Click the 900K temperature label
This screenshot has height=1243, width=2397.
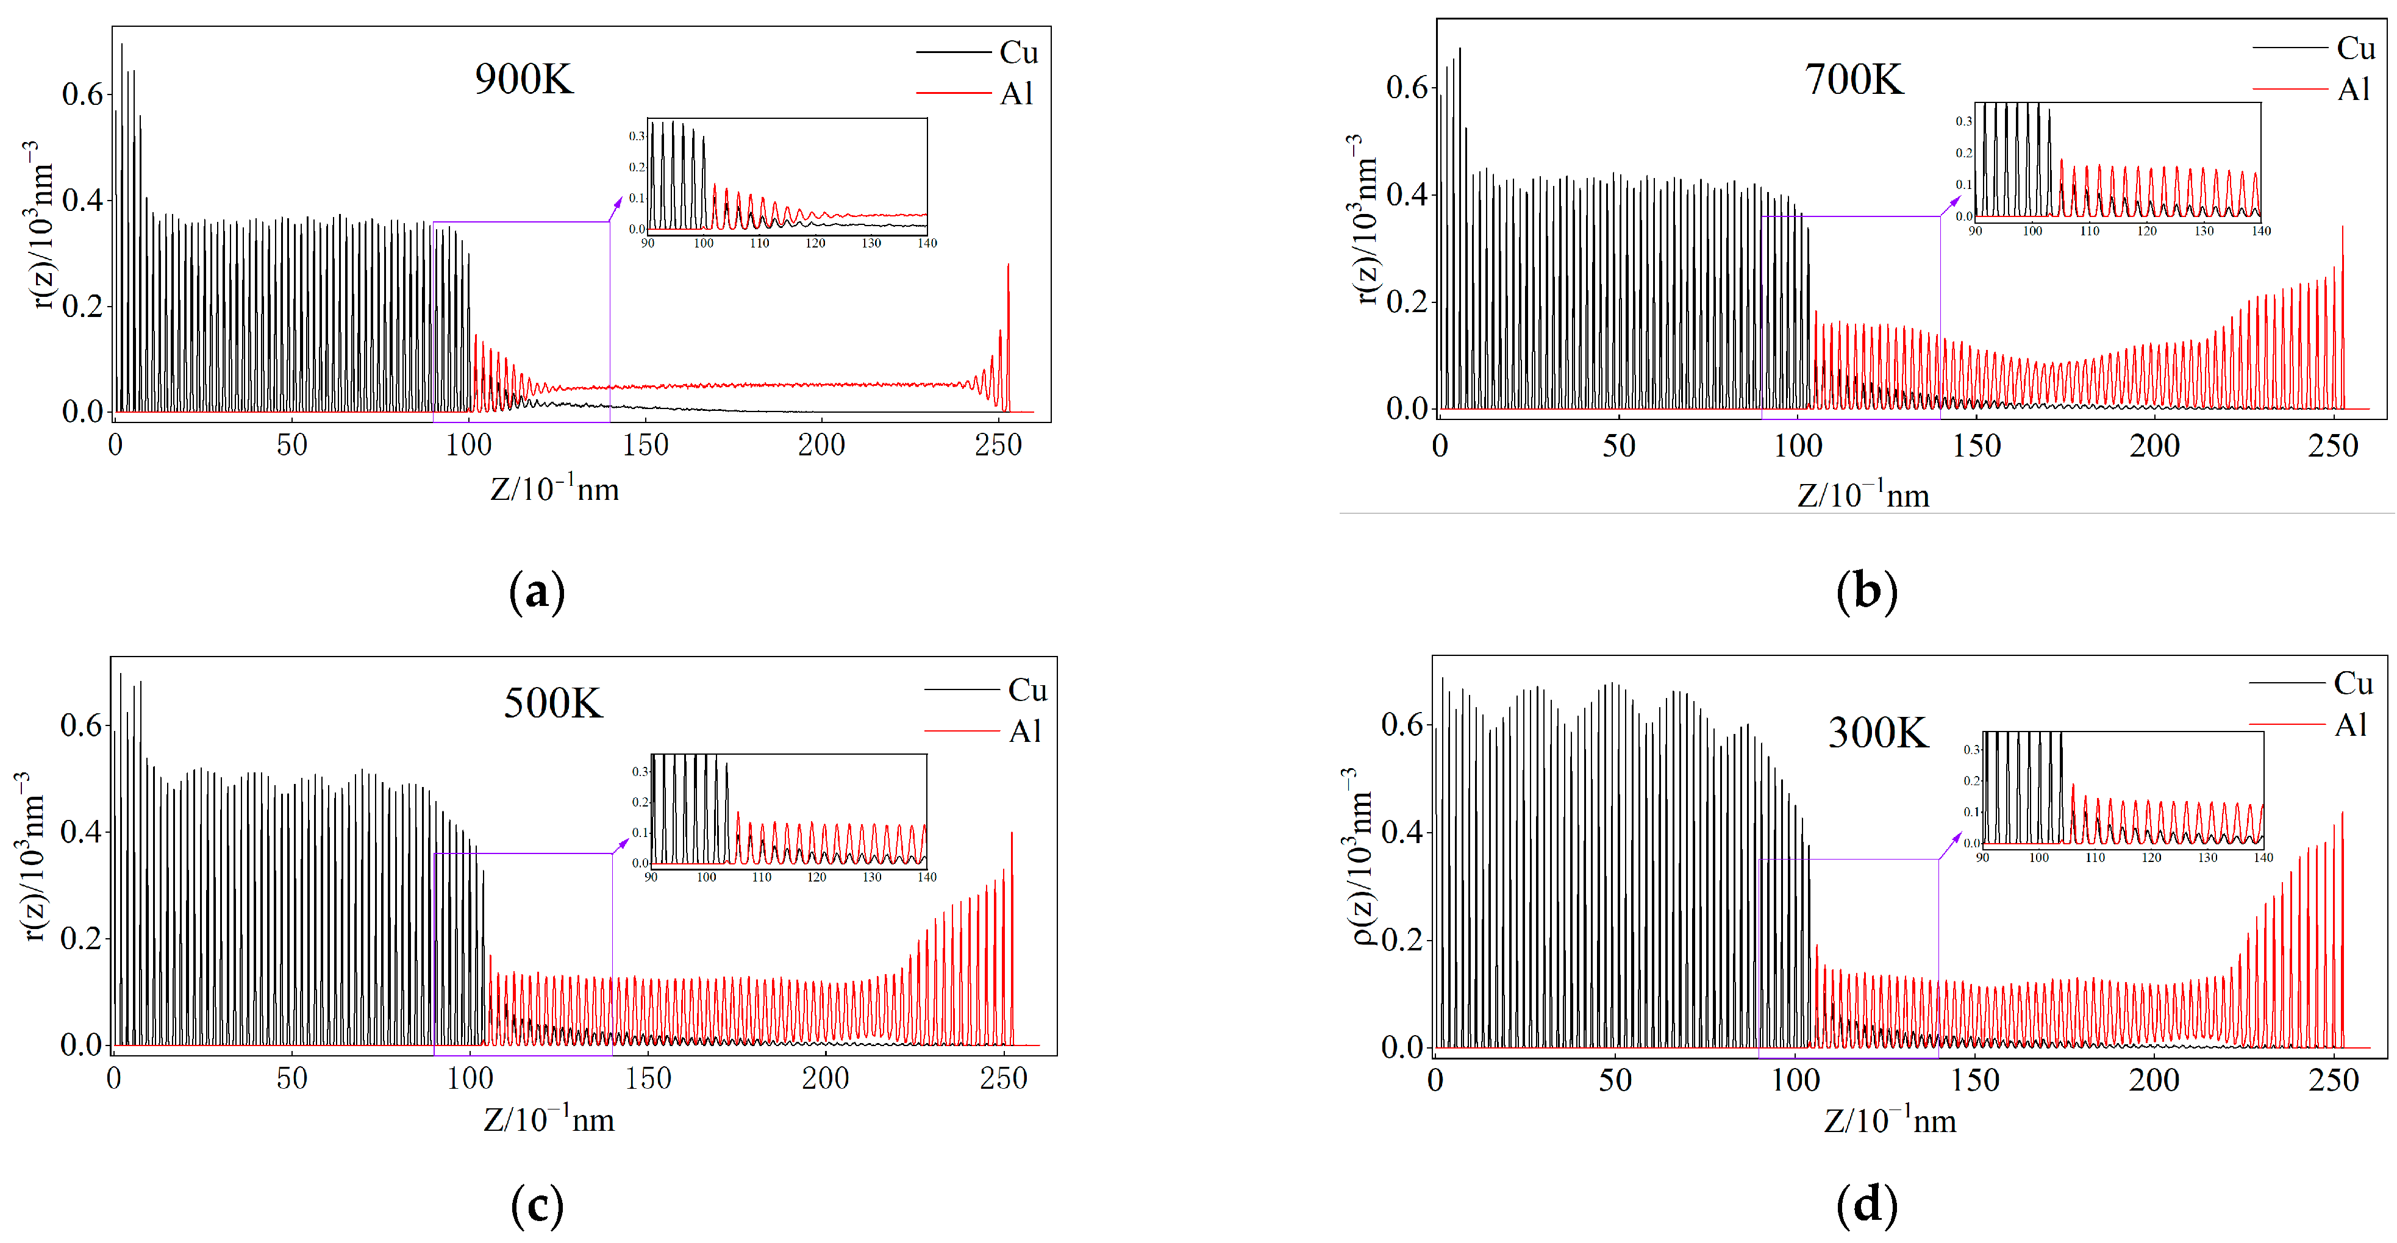[524, 79]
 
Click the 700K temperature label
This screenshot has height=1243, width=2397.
[1854, 79]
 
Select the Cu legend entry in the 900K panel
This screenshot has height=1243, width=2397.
[1018, 52]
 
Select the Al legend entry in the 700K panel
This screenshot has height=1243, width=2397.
[2354, 90]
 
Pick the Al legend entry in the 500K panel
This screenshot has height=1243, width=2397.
[1026, 732]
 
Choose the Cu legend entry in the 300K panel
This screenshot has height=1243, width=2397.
[2353, 684]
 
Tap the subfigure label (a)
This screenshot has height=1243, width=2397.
[537, 592]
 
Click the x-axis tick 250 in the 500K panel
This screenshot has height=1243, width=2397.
[1003, 1078]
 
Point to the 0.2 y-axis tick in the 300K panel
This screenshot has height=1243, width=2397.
[1402, 939]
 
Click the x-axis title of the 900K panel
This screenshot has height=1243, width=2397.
[555, 488]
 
